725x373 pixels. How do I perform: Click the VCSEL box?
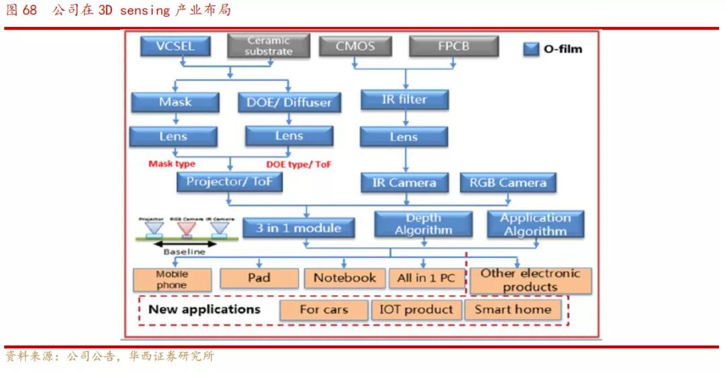coord(175,46)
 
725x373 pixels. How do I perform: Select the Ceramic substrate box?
coord(269,46)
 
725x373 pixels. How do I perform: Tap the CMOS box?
coord(356,46)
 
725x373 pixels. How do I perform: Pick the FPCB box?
coord(453,46)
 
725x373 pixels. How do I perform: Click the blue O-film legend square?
coord(532,49)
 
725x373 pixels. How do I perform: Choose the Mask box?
coord(175,103)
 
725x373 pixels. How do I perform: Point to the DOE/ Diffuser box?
coord(288,103)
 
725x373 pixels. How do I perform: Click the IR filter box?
coord(403,100)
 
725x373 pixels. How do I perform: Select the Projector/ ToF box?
coord(230,182)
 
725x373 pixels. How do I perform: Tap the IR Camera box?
coord(403,182)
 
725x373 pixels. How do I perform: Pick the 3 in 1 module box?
coord(298,228)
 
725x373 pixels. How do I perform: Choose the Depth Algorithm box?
coord(423,225)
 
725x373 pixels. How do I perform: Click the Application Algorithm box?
coord(534,225)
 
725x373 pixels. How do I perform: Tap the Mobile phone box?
coord(173,280)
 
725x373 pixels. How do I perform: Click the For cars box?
coord(324,310)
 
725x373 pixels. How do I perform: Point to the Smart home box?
coord(512,310)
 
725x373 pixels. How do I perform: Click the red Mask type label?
coord(172,164)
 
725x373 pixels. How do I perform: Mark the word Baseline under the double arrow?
coord(184,252)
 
